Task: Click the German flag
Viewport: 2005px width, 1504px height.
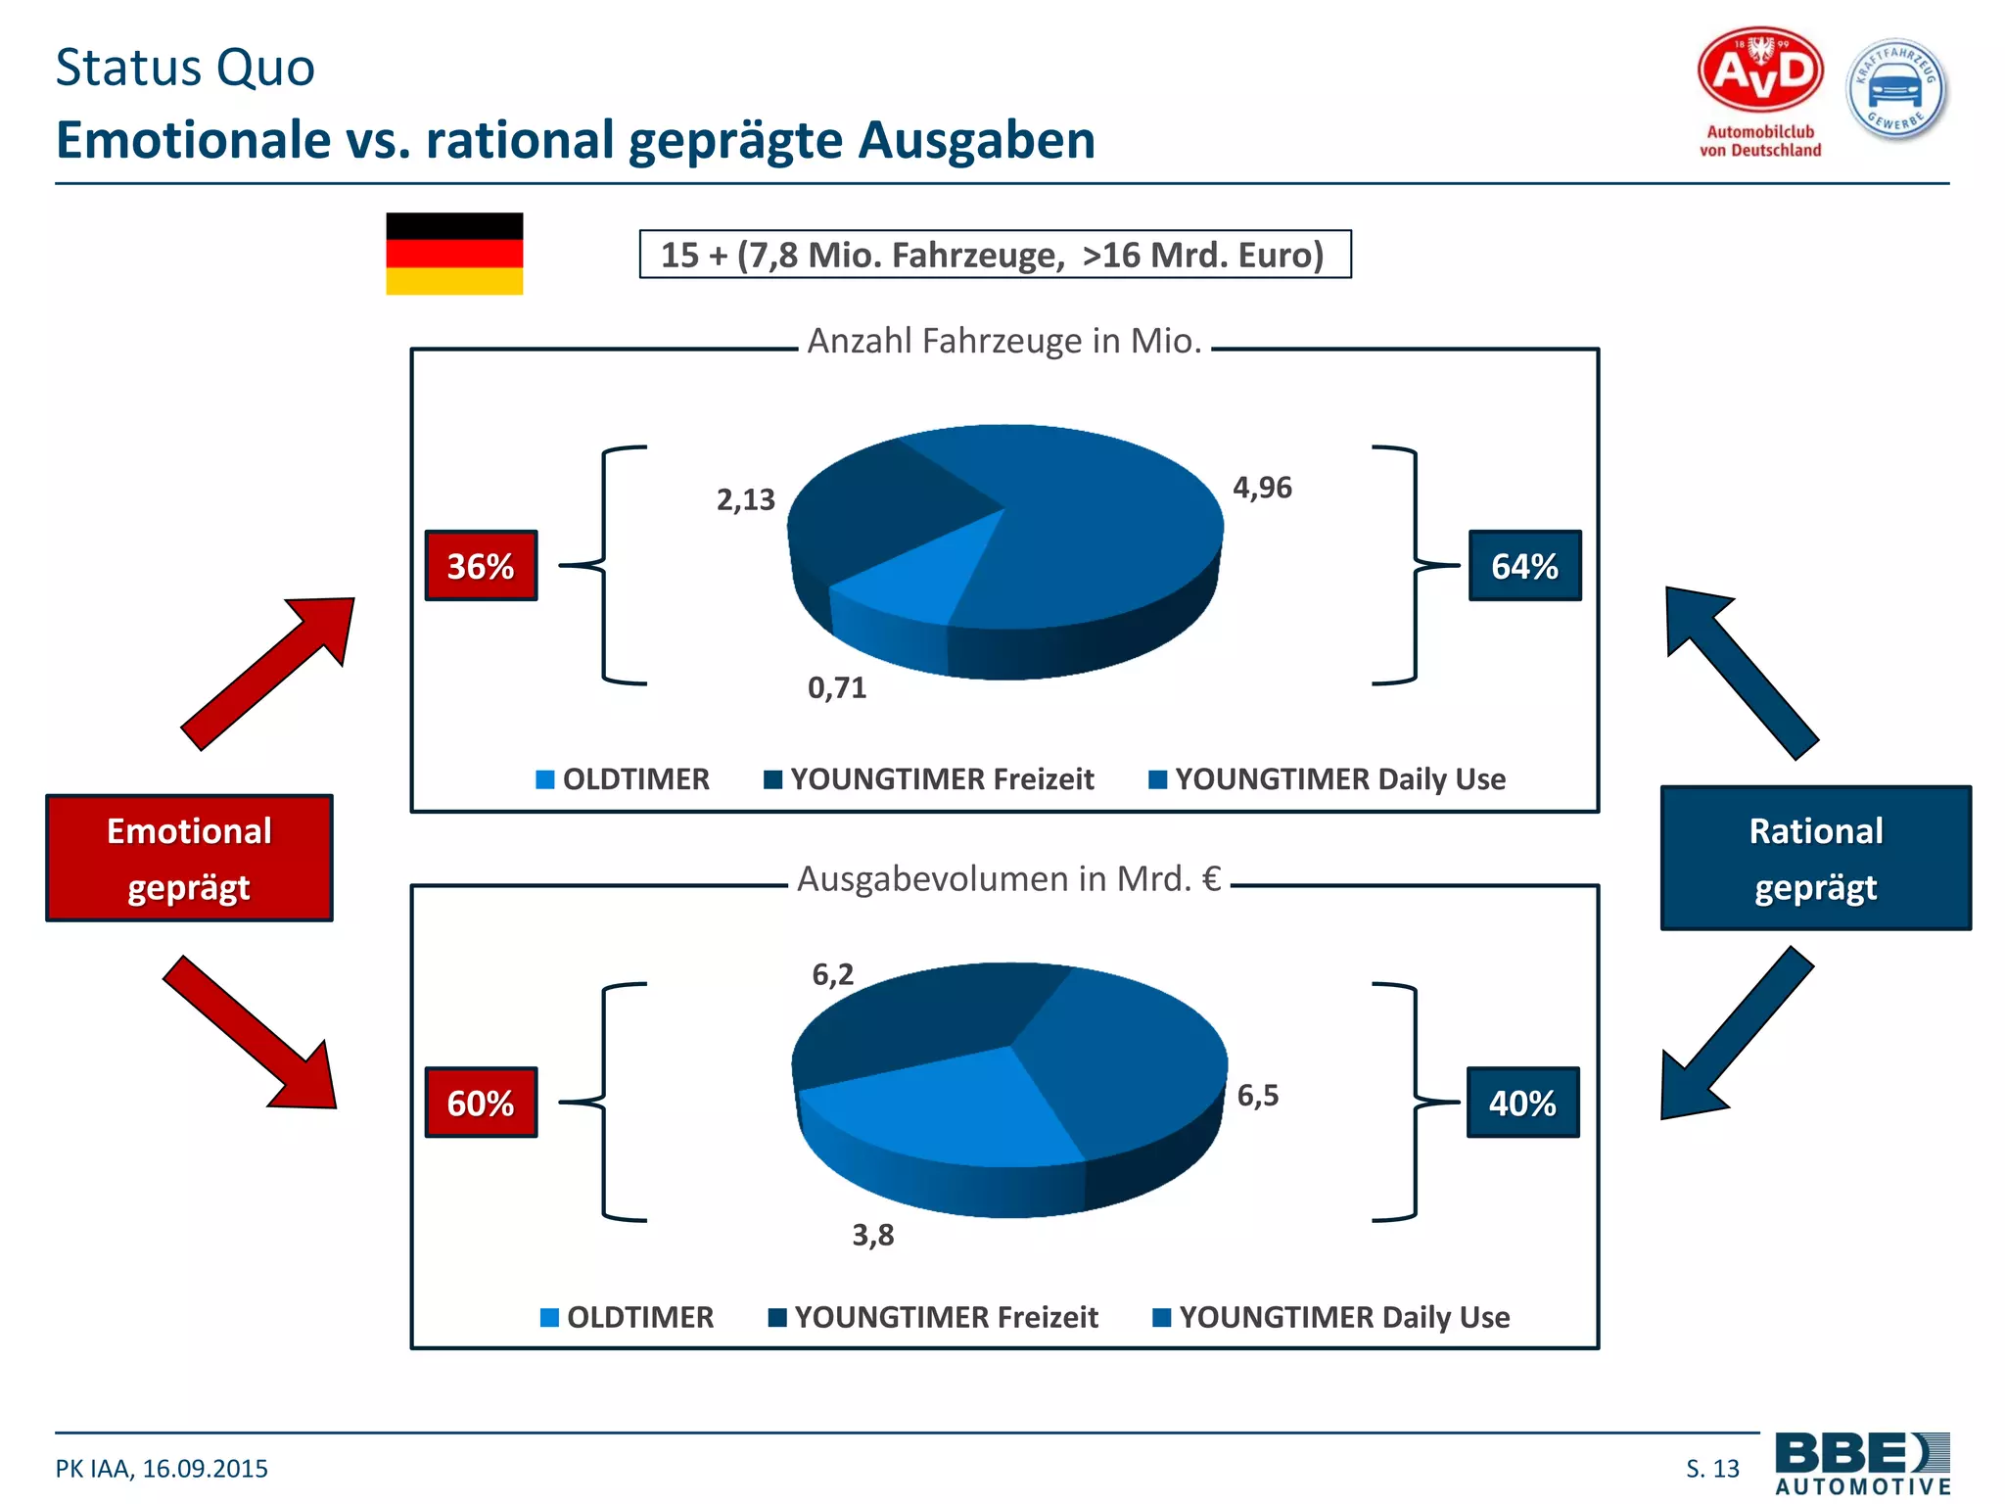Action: pos(454,254)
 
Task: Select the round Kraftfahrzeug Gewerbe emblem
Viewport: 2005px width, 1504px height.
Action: pos(1896,89)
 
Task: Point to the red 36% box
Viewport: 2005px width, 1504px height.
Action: pos(481,566)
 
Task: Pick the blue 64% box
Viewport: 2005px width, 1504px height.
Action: pos(1524,566)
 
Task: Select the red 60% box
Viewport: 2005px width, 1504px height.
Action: pos(481,1103)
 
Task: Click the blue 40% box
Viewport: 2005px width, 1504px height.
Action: pos(1522,1103)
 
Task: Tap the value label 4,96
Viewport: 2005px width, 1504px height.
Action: pos(1262,488)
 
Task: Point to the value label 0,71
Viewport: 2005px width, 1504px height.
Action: pos(837,687)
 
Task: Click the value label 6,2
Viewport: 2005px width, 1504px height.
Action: pos(832,974)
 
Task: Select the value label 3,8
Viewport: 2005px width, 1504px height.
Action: pos(872,1235)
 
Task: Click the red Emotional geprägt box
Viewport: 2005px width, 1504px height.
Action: pos(189,859)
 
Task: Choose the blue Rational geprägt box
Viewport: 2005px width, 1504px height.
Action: pos(1815,859)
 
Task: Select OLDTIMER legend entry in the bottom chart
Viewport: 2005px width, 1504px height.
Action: pos(628,1317)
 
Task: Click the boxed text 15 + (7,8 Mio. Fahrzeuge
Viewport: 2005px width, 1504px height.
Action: pos(995,255)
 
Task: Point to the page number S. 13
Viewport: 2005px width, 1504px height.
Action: pos(1712,1468)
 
